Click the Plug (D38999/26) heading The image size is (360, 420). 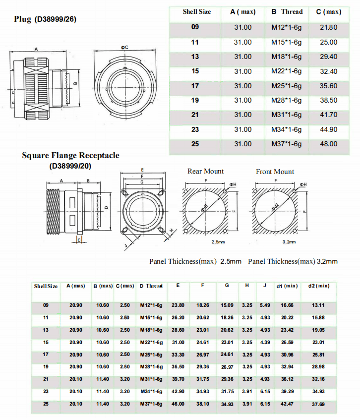pyautogui.click(x=45, y=19)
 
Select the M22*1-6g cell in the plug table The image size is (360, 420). pyautogui.click(x=286, y=71)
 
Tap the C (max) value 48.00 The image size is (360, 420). pyautogui.click(x=328, y=144)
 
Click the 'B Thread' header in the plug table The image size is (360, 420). pyautogui.click(x=287, y=12)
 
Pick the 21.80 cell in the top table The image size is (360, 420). pyautogui.click(x=328, y=28)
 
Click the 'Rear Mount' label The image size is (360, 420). pyautogui.click(x=205, y=172)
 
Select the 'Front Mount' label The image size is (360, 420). pyautogui.click(x=275, y=172)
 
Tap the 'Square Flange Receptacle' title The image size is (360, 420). pyautogui.click(x=70, y=156)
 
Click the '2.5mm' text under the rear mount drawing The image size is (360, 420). pyautogui.click(x=218, y=242)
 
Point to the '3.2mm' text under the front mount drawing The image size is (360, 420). pyautogui.click(x=289, y=242)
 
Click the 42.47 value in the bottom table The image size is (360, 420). pyautogui.click(x=288, y=404)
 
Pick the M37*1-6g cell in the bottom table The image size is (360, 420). pyautogui.click(x=151, y=404)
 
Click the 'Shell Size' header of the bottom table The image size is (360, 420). pyautogui.click(x=46, y=286)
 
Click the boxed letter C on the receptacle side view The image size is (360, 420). pyautogui.click(x=79, y=240)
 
